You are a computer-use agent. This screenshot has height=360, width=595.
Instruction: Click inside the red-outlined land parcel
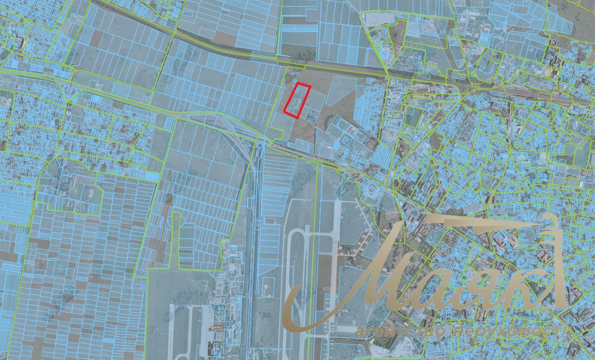297,100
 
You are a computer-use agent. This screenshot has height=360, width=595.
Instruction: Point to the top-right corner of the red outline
310,87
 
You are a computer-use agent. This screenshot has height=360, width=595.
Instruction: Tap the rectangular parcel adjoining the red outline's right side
315,100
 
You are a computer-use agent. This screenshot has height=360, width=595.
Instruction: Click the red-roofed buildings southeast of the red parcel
351,132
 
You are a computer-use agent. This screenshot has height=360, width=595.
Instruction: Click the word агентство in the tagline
400,332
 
